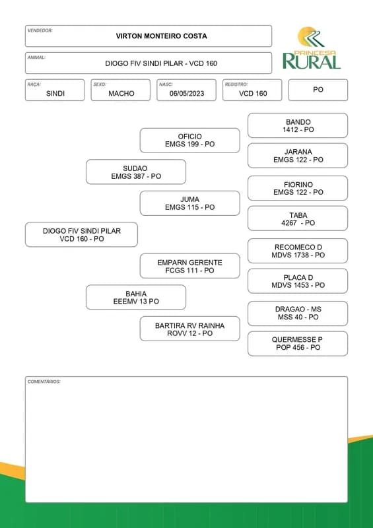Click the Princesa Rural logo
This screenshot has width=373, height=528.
point(312,48)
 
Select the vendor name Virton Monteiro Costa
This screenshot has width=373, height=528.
point(161,36)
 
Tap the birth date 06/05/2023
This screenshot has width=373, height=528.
point(187,94)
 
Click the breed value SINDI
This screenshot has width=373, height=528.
point(55,94)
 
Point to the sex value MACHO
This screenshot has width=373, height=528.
point(121,94)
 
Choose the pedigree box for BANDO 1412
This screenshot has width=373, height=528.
point(298,125)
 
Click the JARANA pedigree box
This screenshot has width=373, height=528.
point(298,156)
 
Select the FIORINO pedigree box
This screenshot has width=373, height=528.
point(298,188)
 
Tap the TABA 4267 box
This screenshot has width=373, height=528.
point(298,218)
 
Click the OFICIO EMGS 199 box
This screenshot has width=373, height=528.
point(190,141)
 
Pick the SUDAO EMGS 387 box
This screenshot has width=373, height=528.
point(136,172)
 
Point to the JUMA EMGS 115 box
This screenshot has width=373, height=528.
point(190,203)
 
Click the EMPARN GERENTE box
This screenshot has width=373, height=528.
point(190,267)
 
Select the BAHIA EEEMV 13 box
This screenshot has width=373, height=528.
point(136,298)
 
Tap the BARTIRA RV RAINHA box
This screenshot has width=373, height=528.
point(190,329)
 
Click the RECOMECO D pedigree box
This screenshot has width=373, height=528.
point(298,251)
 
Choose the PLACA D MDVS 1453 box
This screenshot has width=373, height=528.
point(298,281)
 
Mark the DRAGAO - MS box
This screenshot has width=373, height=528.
point(298,313)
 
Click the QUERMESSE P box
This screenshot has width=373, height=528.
point(298,344)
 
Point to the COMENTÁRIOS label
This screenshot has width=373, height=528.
point(44,382)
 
